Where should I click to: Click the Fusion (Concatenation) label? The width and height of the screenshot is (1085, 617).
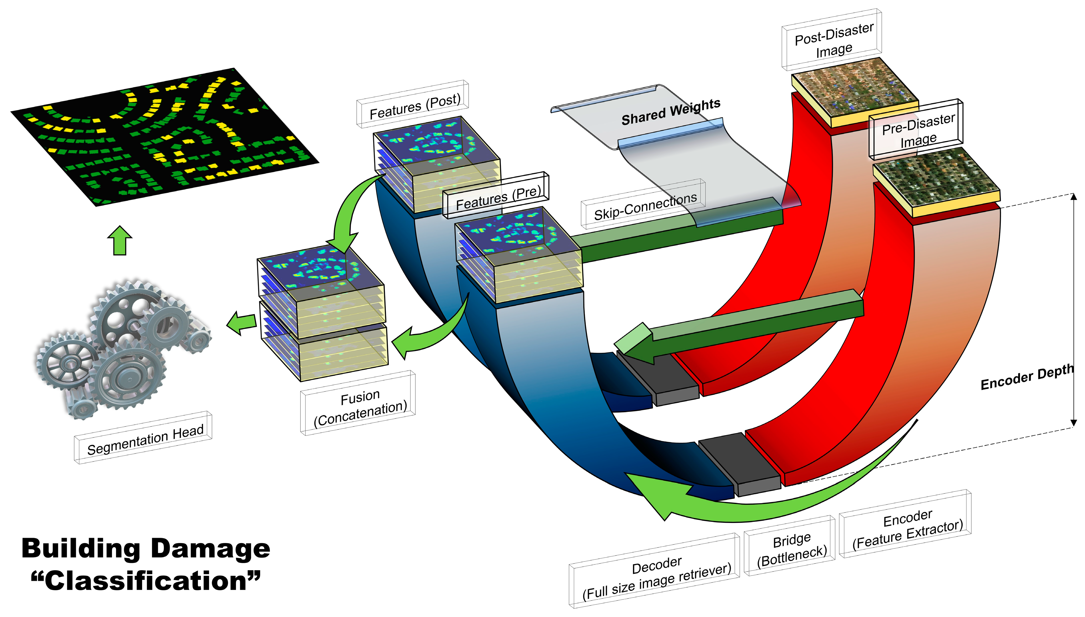pyautogui.click(x=359, y=405)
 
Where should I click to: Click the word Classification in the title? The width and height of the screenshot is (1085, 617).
pyautogui.click(x=146, y=580)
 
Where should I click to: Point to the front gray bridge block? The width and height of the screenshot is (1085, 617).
pyautogui.click(x=739, y=464)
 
